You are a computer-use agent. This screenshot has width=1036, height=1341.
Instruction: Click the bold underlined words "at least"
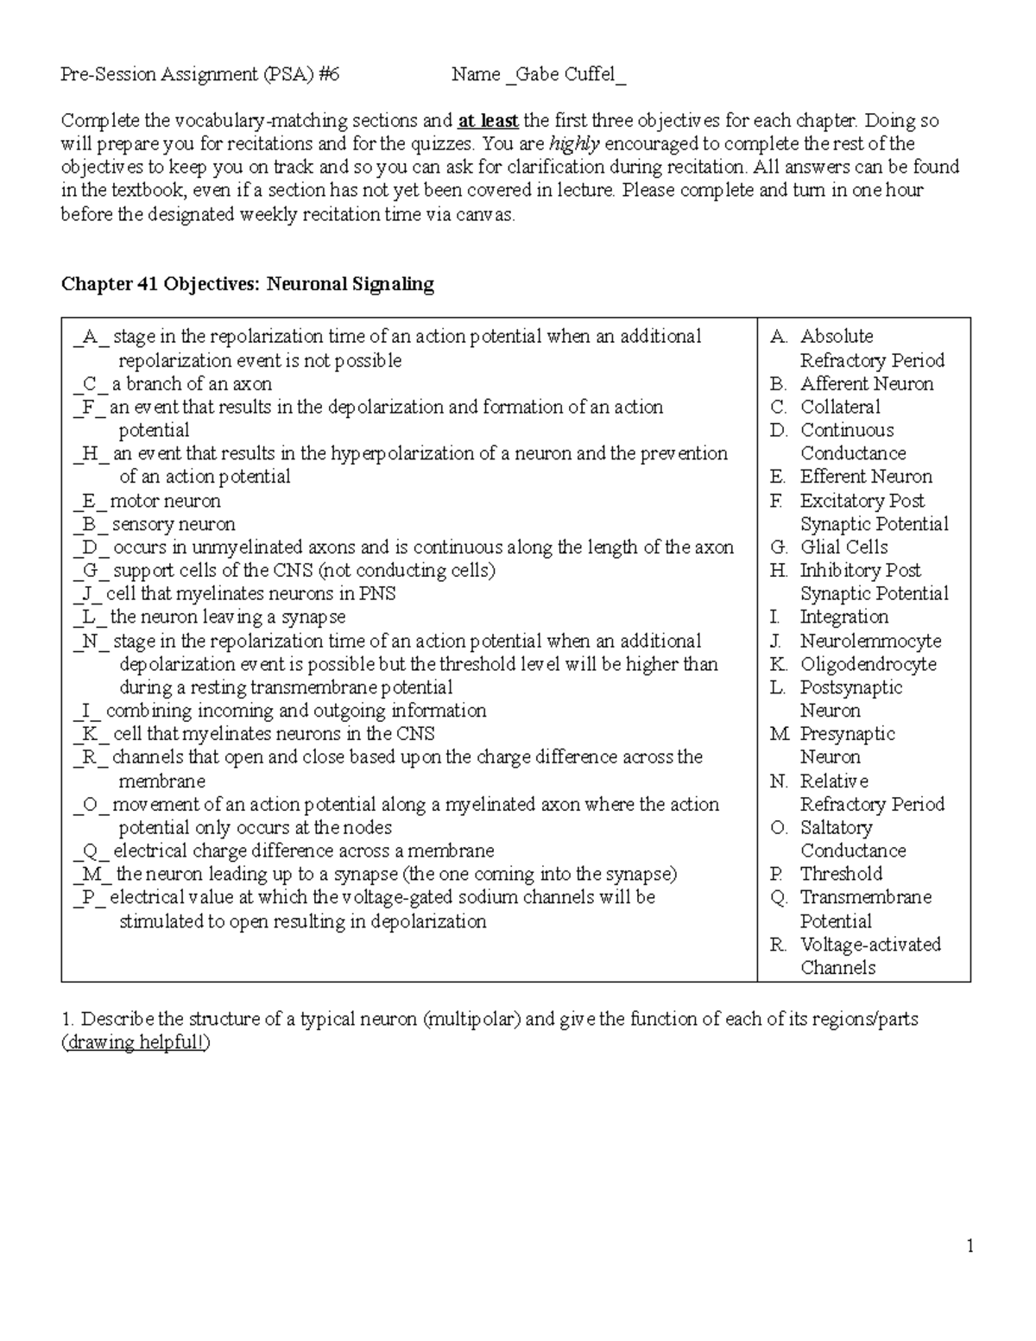click(488, 120)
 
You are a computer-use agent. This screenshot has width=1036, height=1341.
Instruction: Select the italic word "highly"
click(574, 143)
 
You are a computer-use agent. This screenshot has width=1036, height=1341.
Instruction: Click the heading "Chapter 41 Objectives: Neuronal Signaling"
click(247, 283)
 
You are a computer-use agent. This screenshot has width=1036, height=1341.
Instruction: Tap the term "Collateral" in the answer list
click(840, 407)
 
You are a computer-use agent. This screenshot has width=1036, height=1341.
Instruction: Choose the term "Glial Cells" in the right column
click(843, 547)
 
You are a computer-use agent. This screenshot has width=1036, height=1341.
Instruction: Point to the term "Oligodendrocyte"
click(868, 664)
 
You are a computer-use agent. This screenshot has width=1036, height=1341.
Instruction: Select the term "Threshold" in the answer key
click(841, 874)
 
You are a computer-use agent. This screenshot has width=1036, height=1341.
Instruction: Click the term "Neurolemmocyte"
click(870, 641)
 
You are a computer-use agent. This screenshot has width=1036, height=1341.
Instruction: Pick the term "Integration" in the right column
click(843, 617)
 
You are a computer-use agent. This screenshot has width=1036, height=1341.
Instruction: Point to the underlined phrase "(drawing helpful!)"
click(136, 1042)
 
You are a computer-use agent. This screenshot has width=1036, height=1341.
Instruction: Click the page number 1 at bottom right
click(970, 1245)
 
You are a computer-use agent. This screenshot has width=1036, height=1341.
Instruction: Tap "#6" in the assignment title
click(328, 74)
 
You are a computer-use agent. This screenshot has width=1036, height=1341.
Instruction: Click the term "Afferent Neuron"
click(867, 383)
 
